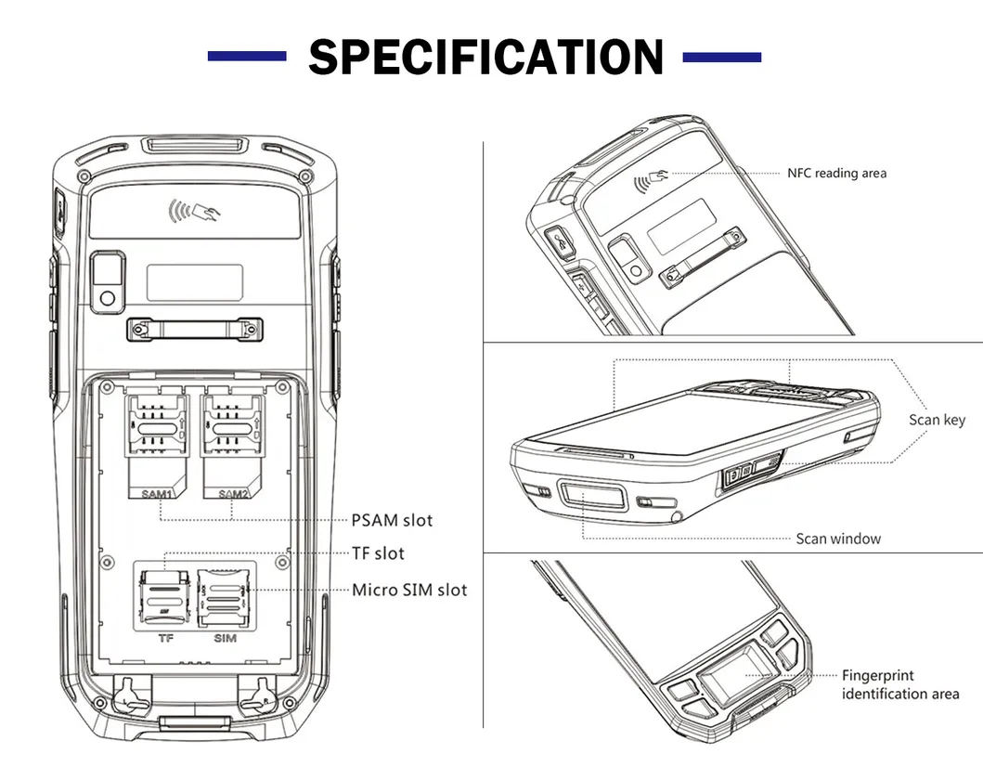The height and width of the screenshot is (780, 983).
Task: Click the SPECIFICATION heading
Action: (x=485, y=58)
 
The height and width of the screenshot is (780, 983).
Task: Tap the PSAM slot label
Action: (x=392, y=520)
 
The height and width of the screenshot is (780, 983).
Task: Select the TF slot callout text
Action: (x=378, y=553)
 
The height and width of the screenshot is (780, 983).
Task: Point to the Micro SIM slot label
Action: (x=408, y=590)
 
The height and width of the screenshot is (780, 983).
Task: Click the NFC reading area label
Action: (x=836, y=173)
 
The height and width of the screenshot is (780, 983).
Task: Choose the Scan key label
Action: (x=937, y=420)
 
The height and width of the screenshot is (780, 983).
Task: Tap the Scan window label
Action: (x=838, y=539)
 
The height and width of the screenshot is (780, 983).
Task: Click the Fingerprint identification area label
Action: (x=899, y=684)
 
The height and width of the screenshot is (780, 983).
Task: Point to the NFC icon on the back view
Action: (x=194, y=212)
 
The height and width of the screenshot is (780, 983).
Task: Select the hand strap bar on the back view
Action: (x=195, y=329)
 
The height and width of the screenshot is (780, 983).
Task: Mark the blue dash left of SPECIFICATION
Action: (x=247, y=58)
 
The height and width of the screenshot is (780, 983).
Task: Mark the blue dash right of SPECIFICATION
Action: (x=721, y=58)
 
